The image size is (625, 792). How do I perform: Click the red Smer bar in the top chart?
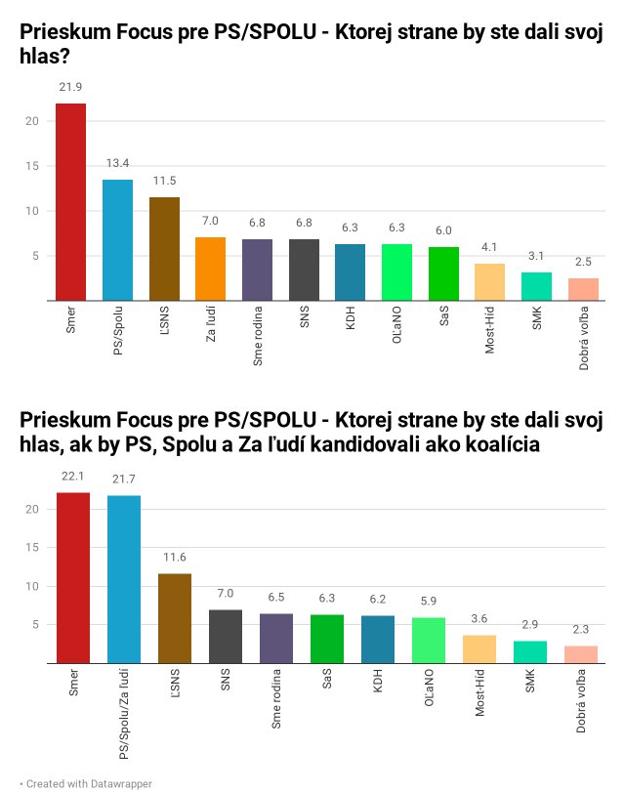tap(70, 202)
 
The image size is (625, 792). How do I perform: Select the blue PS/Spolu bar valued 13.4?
tap(117, 240)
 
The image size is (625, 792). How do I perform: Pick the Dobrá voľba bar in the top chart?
tap(583, 289)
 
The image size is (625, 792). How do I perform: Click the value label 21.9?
tap(70, 87)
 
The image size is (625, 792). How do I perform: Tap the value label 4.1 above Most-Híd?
tap(490, 248)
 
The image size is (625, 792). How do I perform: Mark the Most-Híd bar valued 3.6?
tap(479, 649)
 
